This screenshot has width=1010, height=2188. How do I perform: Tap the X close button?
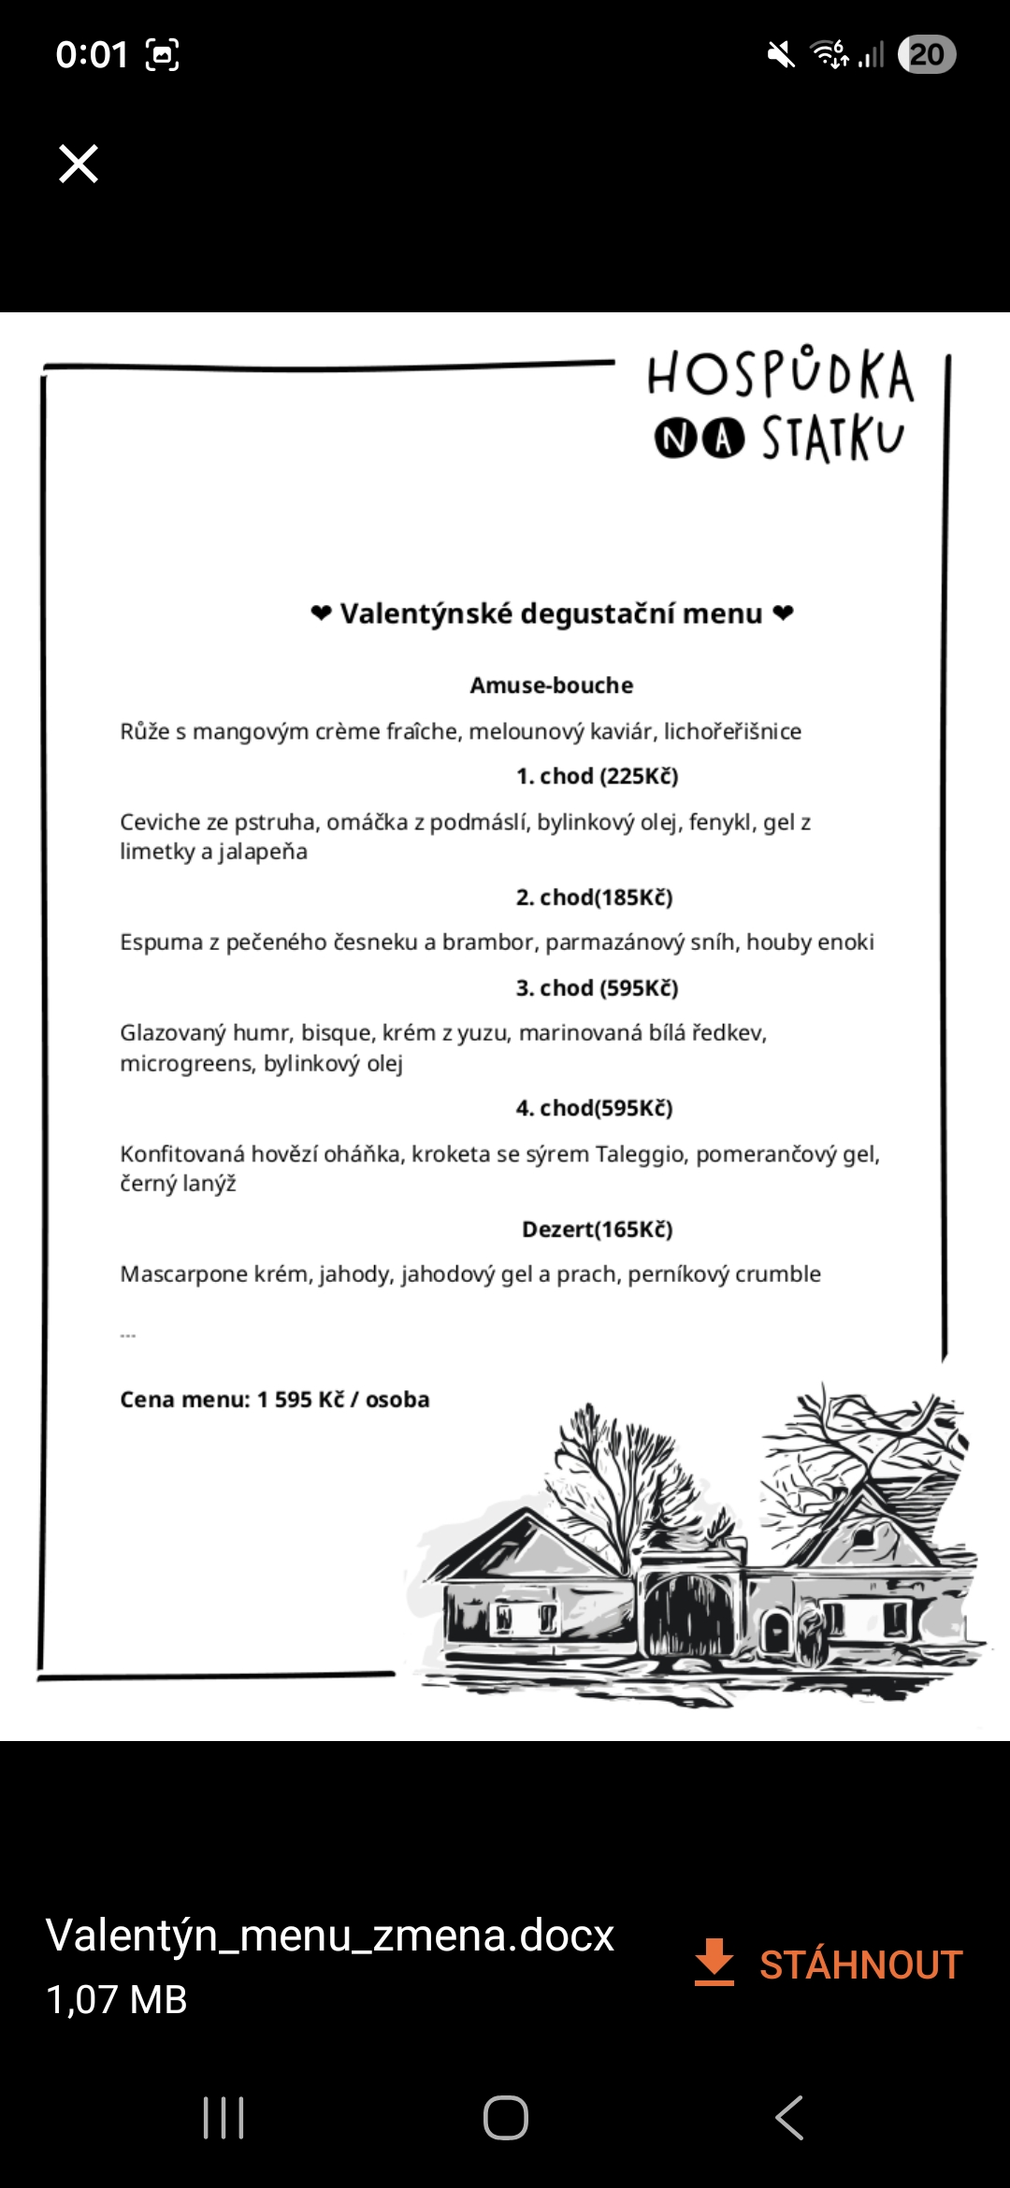click(x=79, y=164)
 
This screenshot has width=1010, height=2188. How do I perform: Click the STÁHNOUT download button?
click(x=829, y=1964)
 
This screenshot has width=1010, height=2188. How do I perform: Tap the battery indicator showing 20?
click(x=926, y=54)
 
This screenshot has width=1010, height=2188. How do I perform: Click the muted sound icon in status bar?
click(x=781, y=54)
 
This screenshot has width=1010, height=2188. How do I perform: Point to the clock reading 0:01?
click(x=91, y=54)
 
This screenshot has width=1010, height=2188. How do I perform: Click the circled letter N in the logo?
click(x=674, y=439)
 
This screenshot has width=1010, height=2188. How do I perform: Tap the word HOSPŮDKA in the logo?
click(x=780, y=374)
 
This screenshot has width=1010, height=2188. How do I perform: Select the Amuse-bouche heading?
click(x=551, y=685)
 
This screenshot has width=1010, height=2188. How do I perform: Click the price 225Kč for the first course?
click(x=640, y=776)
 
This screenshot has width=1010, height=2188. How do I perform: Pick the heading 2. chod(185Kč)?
click(x=594, y=898)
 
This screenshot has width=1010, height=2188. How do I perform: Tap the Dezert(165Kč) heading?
click(x=597, y=1229)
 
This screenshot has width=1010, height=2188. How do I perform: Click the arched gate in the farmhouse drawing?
click(x=690, y=1613)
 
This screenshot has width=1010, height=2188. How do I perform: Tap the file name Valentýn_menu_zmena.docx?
click(x=329, y=1936)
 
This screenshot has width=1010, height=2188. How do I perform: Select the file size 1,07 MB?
click(x=117, y=2000)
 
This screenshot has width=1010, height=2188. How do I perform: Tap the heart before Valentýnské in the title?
click(x=321, y=613)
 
